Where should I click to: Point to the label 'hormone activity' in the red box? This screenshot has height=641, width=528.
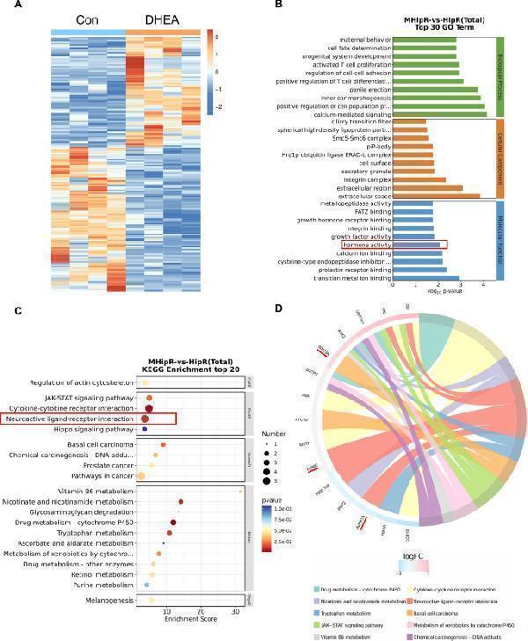366,244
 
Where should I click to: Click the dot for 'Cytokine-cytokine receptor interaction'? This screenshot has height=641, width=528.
149,409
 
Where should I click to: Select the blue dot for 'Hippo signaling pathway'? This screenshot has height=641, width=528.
143,429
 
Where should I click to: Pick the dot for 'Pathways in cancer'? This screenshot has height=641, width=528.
142,476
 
